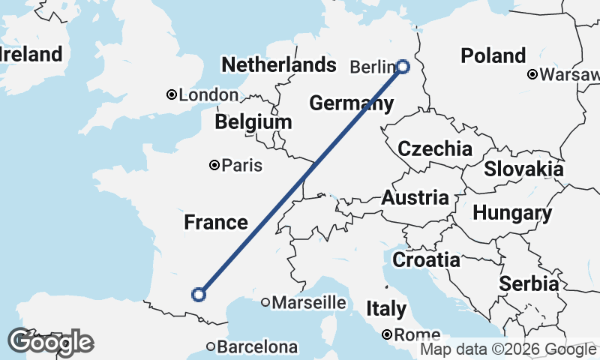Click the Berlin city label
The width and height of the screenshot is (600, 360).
click(371, 67)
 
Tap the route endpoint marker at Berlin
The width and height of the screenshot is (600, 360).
click(403, 66)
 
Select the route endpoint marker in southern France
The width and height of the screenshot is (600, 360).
click(199, 295)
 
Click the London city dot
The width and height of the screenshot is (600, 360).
click(172, 94)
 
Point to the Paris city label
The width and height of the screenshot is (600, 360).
click(242, 166)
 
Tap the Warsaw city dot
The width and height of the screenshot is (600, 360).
click(532, 74)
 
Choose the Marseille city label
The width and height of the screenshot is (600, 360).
click(309, 303)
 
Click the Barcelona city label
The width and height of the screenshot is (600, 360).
click(257, 347)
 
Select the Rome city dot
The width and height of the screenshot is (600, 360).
click(387, 334)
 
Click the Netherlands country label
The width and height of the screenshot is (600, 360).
click(278, 64)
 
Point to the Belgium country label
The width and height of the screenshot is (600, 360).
click(253, 122)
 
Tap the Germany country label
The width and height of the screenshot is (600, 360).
click(351, 103)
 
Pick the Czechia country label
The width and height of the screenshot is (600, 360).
click(435, 148)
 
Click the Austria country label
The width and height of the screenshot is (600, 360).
click(415, 199)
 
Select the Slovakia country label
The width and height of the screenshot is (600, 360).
click(523, 169)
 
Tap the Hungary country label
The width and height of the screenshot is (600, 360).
click(512, 213)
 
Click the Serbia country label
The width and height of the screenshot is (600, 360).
click(529, 284)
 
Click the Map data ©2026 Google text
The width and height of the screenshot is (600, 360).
click(508, 349)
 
